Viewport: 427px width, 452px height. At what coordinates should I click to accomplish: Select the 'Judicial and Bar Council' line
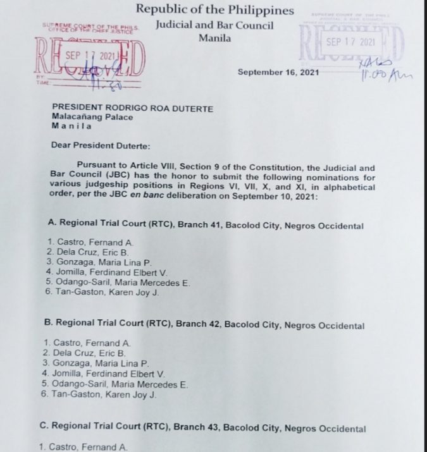coord(214,25)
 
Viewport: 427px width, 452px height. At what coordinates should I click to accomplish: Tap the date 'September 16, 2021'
coord(278,71)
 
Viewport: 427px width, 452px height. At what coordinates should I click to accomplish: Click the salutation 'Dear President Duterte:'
coord(101,145)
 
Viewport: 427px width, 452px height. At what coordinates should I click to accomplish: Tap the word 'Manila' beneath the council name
coord(214,38)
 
